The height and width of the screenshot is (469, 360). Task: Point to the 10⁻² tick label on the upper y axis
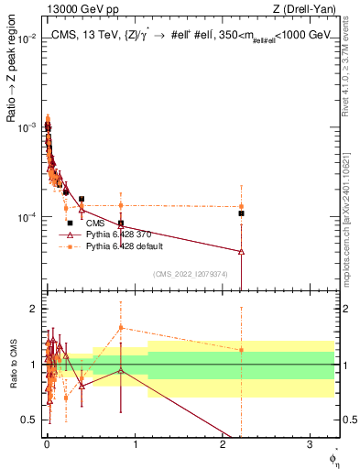[x=27, y=38]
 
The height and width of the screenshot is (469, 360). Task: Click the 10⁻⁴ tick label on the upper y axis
[x=27, y=217]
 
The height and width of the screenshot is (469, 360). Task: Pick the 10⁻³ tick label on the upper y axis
[x=27, y=127]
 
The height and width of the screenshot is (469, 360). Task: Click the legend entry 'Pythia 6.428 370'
[x=120, y=234]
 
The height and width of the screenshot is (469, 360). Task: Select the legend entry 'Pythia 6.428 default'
[x=126, y=246]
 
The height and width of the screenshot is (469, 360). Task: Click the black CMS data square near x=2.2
[x=241, y=213]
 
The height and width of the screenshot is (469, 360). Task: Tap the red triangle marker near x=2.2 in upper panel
[x=241, y=251]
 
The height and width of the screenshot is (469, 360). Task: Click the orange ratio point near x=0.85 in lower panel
[x=121, y=327]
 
